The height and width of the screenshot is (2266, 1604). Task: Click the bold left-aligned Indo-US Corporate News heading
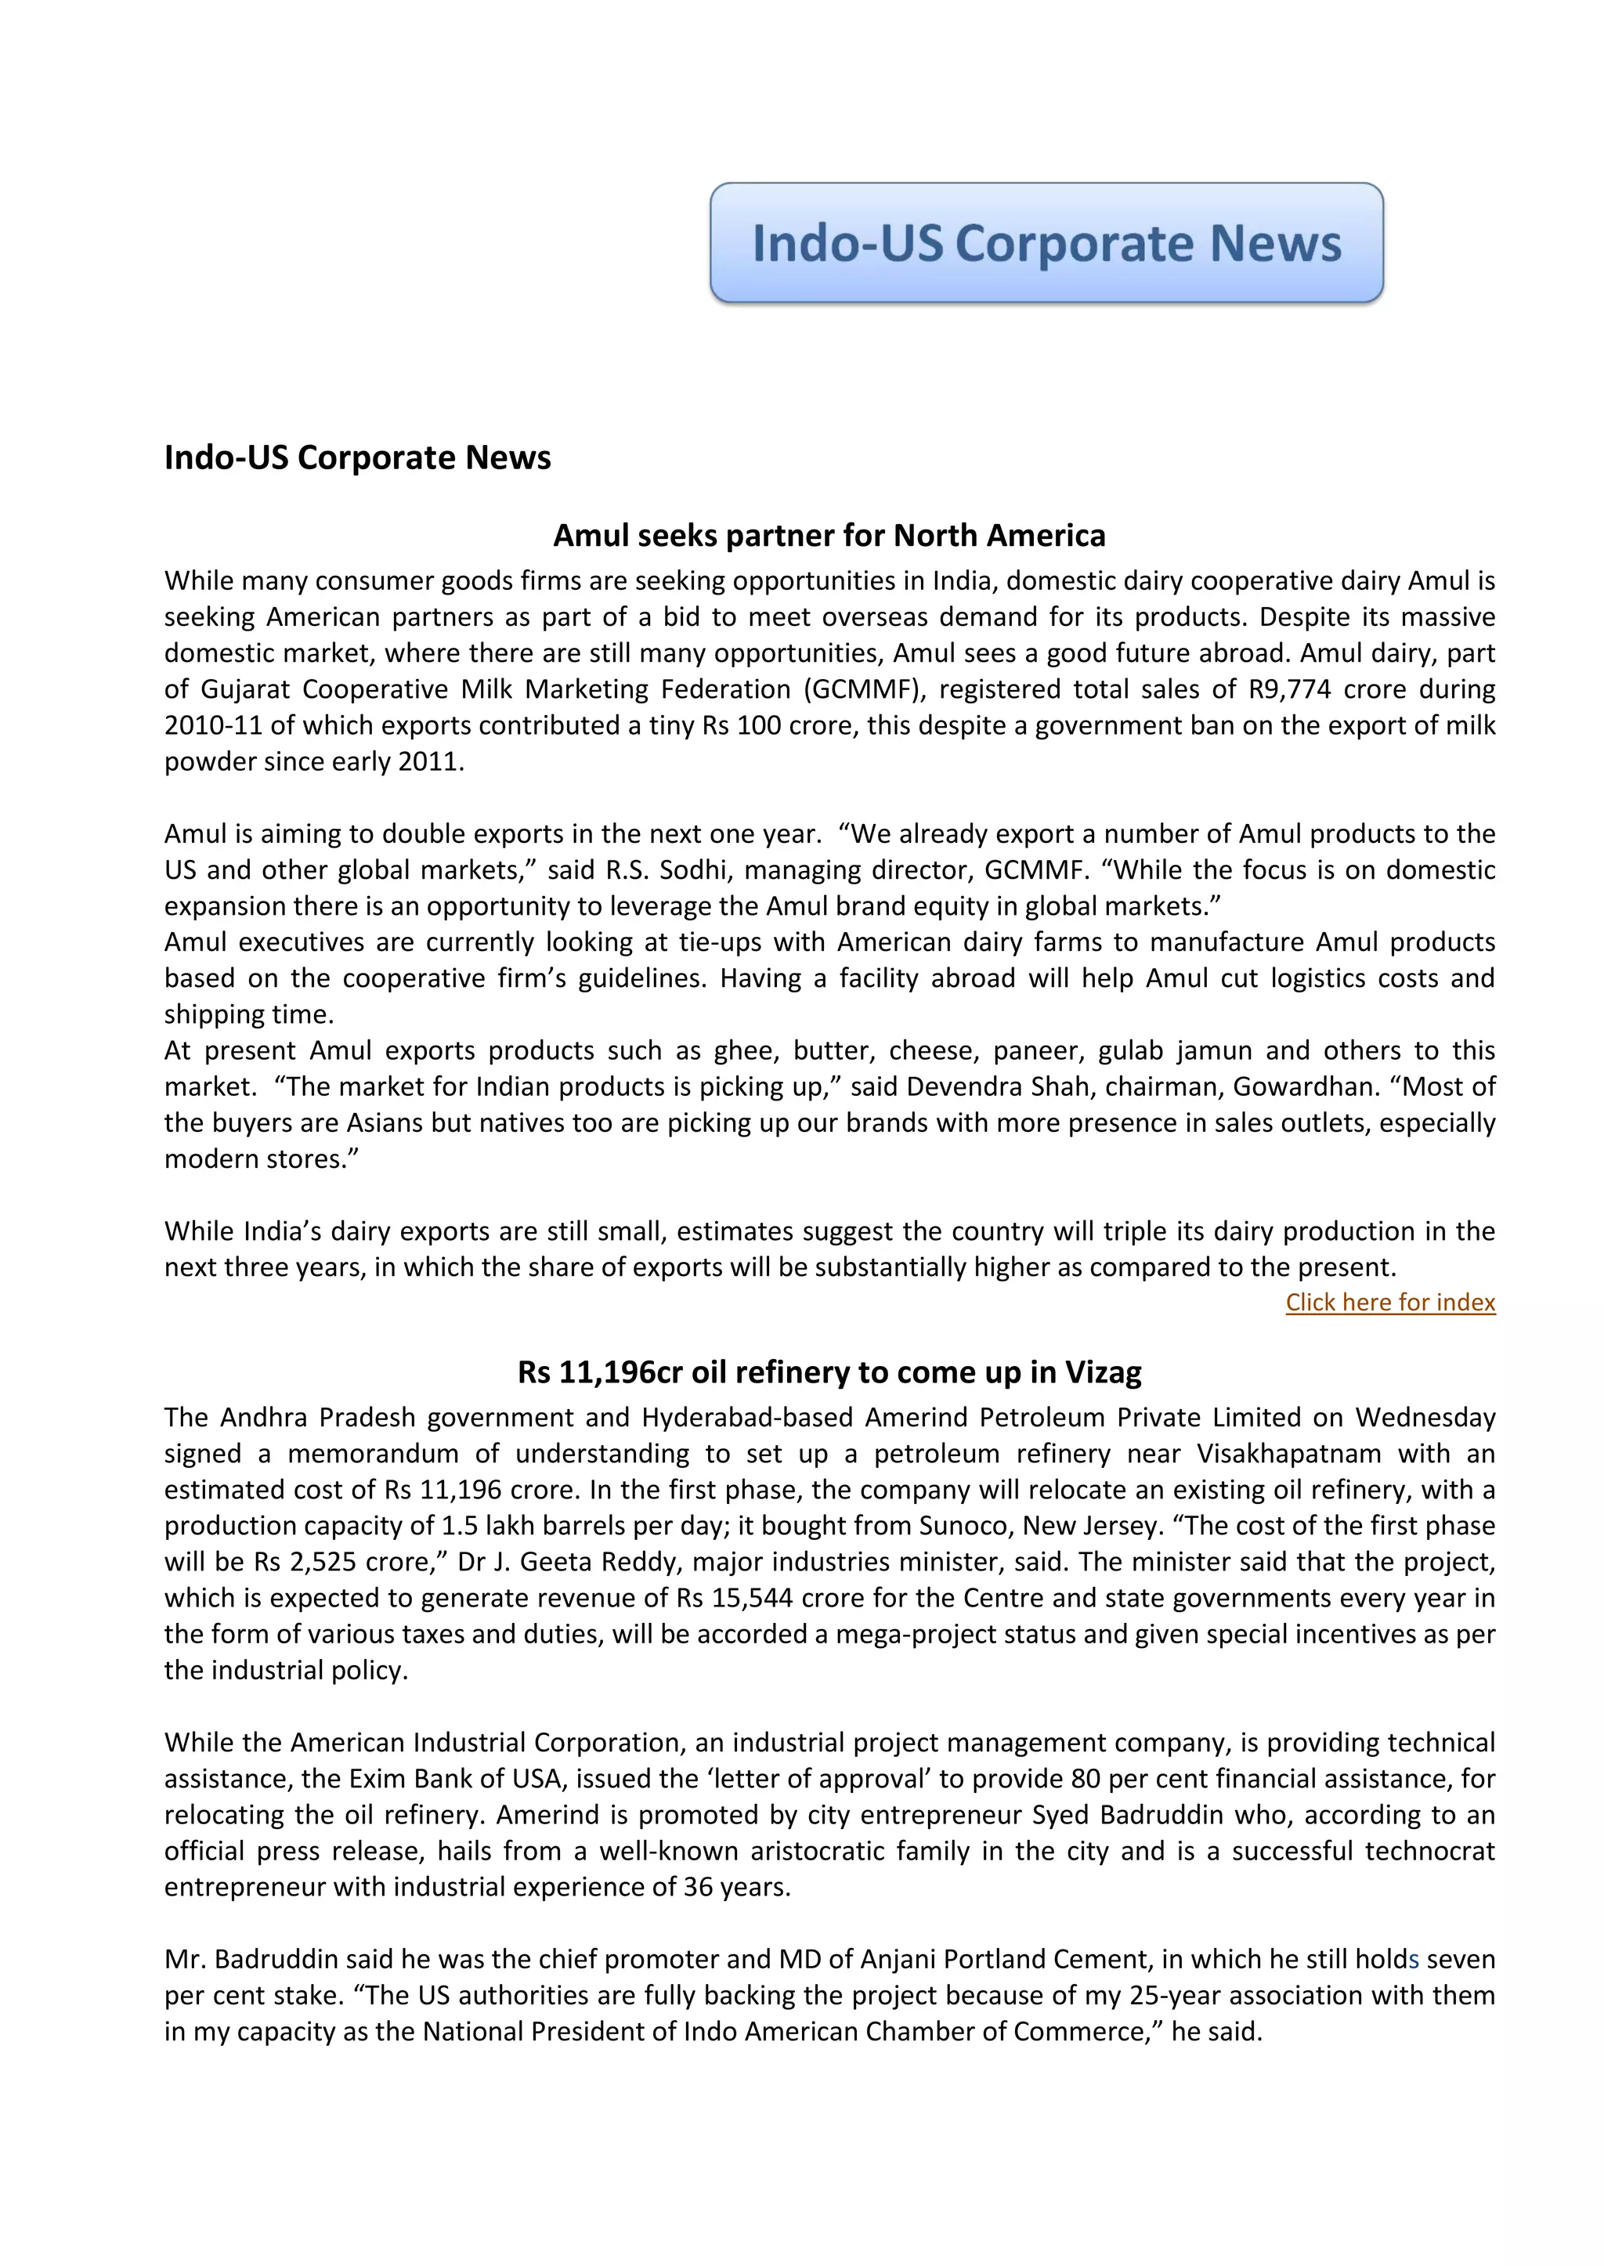click(358, 457)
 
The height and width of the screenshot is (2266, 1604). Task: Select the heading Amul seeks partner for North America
click(829, 536)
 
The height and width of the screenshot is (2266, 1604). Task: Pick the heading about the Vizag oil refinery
click(829, 1372)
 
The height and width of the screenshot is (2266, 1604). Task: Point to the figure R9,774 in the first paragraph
click(1289, 688)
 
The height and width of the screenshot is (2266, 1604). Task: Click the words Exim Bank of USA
click(454, 1778)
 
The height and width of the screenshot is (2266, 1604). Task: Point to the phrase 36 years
click(737, 1887)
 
